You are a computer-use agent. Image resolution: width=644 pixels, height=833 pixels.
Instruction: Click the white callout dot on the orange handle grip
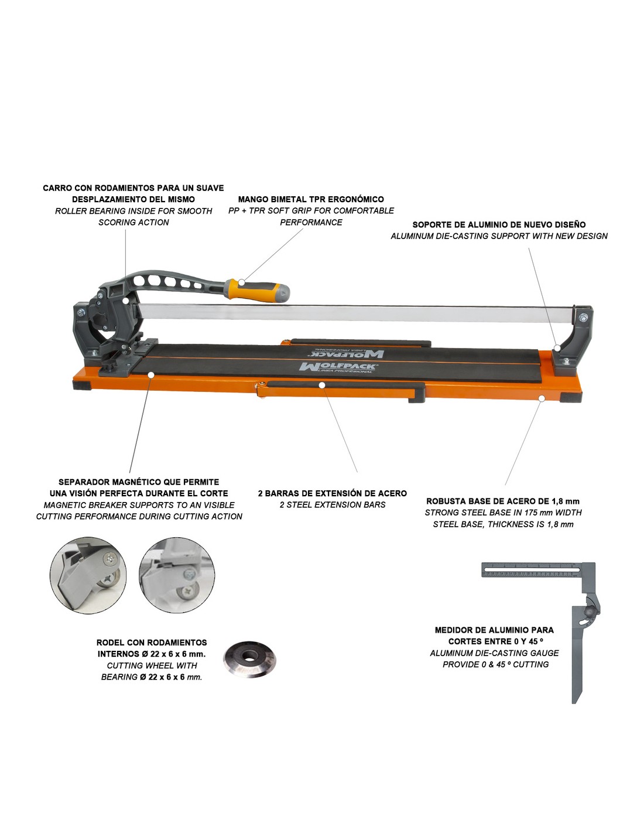pos(241,282)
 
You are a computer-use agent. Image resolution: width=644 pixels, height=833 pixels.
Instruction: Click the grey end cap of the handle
pos(282,293)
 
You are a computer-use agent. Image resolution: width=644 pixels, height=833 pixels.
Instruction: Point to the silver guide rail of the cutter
pos(357,313)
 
